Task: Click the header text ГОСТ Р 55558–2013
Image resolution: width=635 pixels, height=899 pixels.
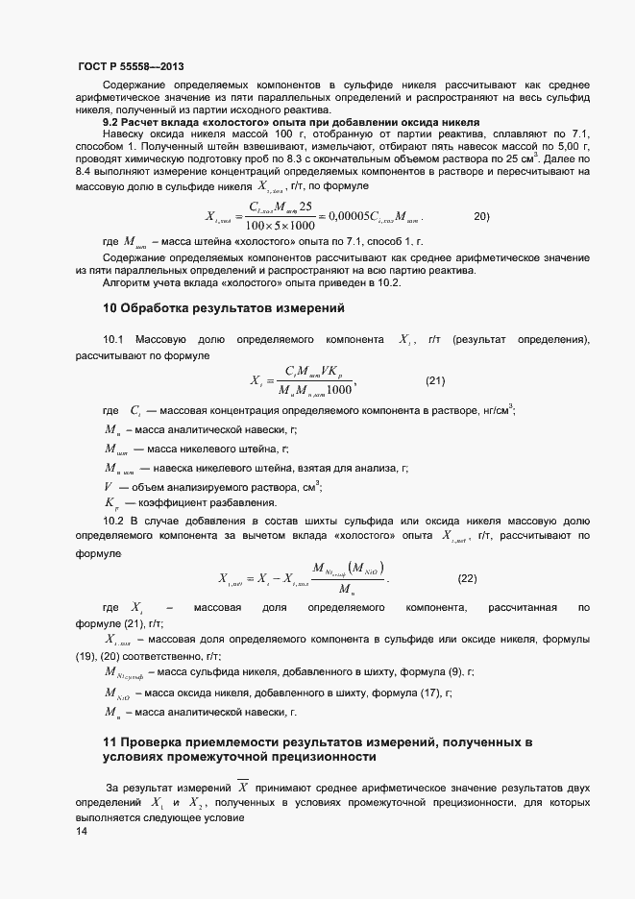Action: [x=130, y=68]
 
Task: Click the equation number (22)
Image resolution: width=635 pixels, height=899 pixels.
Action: [x=467, y=577]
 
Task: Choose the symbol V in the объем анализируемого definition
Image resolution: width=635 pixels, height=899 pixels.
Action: [x=108, y=485]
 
